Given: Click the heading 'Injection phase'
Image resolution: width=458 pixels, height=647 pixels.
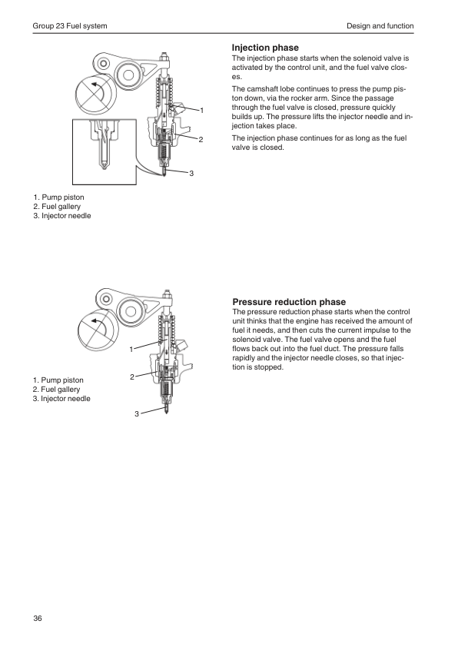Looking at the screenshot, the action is (265, 48).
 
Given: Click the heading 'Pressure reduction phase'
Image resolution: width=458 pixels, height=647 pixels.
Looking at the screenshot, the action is (289, 302).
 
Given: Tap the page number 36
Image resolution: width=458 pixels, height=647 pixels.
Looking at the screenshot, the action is (38, 618).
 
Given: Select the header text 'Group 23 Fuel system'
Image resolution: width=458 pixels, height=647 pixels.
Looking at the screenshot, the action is (70, 26).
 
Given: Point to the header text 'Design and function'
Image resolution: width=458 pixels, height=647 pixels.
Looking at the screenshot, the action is (380, 26).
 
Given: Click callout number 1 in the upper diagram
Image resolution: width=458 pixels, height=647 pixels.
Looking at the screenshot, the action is (202, 110).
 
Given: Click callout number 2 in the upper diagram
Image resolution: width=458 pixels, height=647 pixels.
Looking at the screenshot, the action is (201, 140).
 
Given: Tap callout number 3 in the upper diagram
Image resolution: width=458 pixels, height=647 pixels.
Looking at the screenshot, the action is (191, 174).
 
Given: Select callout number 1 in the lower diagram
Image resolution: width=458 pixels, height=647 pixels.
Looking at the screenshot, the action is (131, 350).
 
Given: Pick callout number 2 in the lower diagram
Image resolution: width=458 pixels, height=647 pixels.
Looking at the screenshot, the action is (132, 377).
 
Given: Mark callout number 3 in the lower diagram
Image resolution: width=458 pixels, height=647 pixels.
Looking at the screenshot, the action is (137, 413).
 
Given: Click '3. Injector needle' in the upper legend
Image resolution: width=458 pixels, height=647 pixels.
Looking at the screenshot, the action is (62, 216).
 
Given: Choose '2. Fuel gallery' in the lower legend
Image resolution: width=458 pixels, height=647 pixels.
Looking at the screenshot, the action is (57, 390).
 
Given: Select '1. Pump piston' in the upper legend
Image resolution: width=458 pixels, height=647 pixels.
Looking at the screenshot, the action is (58, 197).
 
